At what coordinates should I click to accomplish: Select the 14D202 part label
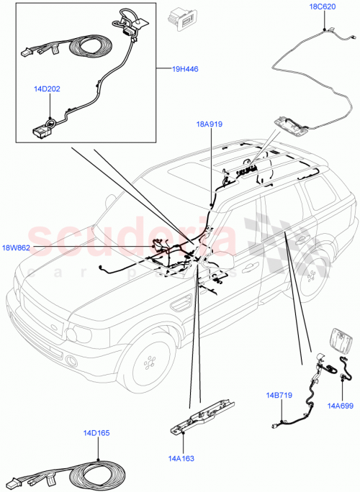click(x=48, y=89)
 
